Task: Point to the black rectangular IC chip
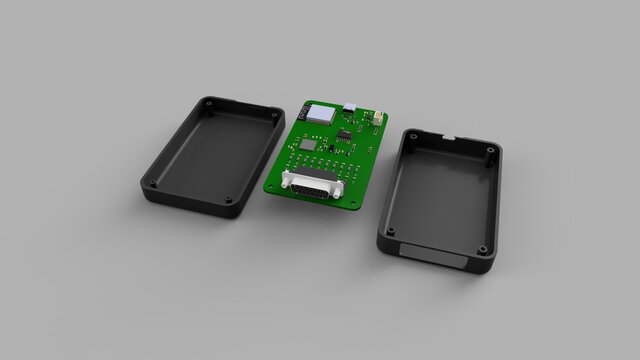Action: click(345, 134)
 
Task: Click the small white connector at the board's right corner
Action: click(379, 119)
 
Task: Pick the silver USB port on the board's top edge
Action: click(350, 107)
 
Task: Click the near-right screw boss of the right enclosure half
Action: click(482, 249)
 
